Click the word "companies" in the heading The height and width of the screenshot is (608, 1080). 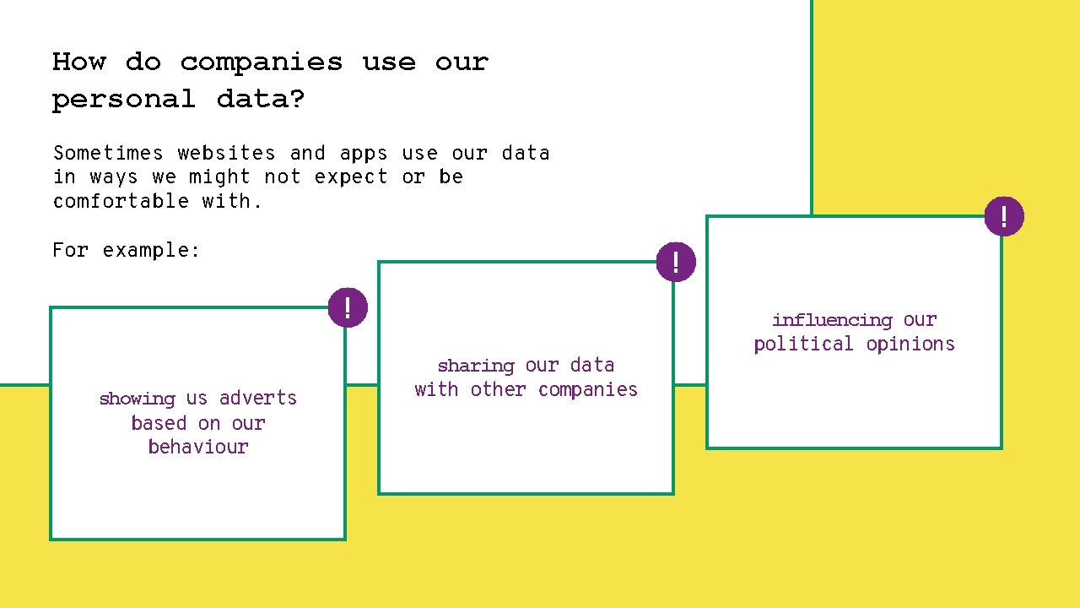click(x=262, y=62)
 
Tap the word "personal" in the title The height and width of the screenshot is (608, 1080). click(x=123, y=100)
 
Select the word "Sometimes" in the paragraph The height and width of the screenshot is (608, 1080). click(x=108, y=153)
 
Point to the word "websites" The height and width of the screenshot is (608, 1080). click(x=226, y=153)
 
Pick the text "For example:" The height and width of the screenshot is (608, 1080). click(x=127, y=250)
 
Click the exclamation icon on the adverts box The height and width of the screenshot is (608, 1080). click(x=347, y=307)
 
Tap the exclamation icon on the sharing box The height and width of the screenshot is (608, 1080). click(x=676, y=261)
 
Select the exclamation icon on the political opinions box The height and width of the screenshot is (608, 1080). click(x=1003, y=216)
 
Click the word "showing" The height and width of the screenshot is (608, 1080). click(x=137, y=399)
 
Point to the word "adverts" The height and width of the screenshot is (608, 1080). click(x=258, y=398)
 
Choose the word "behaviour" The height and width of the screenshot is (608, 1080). click(x=198, y=447)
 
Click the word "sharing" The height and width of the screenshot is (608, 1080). click(x=476, y=366)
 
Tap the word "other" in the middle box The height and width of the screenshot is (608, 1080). click(x=499, y=389)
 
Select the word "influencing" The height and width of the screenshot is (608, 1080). click(x=832, y=320)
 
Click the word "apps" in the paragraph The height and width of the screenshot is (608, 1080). click(x=364, y=154)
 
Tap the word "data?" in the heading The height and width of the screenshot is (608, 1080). click(x=261, y=100)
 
